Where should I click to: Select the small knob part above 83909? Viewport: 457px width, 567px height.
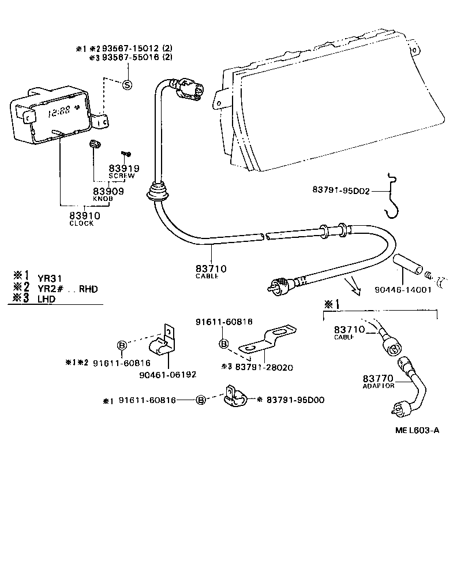[94, 144]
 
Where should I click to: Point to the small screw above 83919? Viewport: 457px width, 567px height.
[127, 153]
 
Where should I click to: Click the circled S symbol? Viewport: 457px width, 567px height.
[127, 85]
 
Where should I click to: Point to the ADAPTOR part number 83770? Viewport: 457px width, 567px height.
[379, 378]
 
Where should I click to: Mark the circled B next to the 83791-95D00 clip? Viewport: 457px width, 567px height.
[201, 400]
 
